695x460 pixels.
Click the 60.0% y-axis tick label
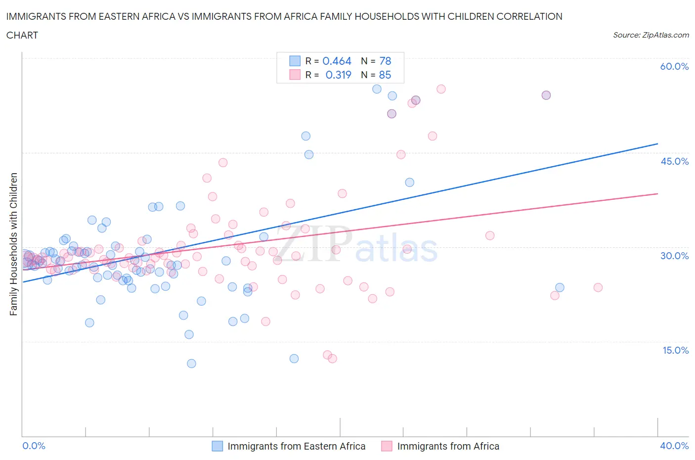click(x=674, y=66)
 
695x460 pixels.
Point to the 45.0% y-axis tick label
click(x=674, y=161)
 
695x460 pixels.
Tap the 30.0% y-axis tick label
click(x=674, y=256)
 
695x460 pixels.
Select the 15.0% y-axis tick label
click(x=674, y=350)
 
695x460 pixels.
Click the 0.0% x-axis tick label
click(x=34, y=446)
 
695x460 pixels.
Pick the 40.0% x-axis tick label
click(x=674, y=446)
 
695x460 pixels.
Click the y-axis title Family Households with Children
click(x=14, y=244)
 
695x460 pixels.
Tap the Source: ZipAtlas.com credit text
click(x=651, y=35)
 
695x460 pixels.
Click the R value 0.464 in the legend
click(x=337, y=61)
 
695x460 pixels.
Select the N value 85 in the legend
click(x=385, y=75)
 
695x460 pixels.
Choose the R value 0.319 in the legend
click(x=338, y=75)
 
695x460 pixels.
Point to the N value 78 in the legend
click(x=385, y=61)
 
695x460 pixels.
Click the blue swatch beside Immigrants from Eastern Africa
click(x=217, y=446)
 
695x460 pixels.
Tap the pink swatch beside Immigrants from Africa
click(x=387, y=446)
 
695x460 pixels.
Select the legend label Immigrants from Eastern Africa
click(x=296, y=446)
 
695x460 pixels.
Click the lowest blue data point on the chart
click(x=191, y=364)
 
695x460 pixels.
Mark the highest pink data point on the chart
click(x=441, y=89)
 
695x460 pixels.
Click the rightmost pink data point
click(x=598, y=287)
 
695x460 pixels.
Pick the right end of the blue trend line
click(x=657, y=143)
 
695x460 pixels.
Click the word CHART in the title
click(x=22, y=35)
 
